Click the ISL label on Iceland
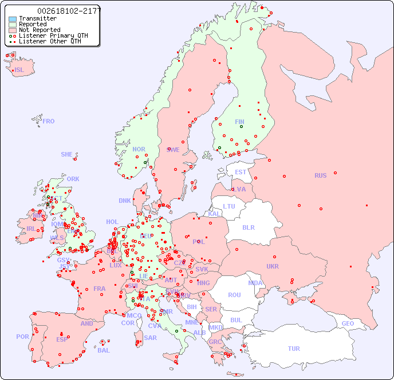(19, 70)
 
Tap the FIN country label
(239, 122)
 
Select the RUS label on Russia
(320, 175)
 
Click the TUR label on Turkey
(294, 349)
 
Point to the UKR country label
(273, 266)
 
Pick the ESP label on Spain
(62, 339)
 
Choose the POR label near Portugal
(22, 337)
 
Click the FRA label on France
(100, 289)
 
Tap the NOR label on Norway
(139, 149)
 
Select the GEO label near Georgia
(348, 323)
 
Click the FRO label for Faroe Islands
(49, 121)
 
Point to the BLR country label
(249, 227)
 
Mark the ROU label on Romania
(234, 295)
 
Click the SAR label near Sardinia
(150, 338)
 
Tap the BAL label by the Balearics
(103, 350)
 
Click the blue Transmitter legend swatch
(13, 19)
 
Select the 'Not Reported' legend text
(40, 30)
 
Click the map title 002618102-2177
(69, 11)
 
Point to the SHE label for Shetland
(67, 154)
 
